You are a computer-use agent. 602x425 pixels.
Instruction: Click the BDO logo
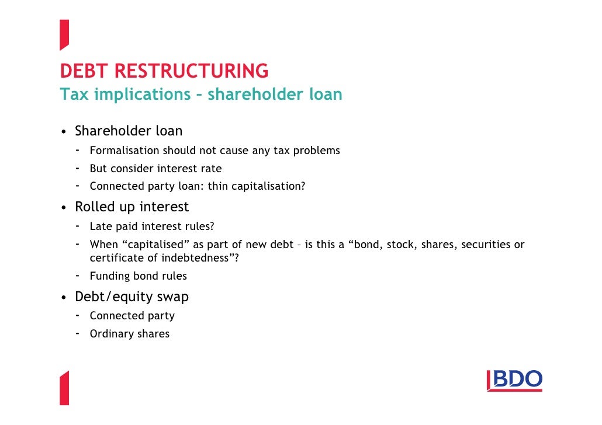[x=514, y=381]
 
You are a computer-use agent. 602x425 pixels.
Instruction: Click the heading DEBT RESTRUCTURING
[x=164, y=71]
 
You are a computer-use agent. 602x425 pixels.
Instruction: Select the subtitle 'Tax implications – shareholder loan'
[x=200, y=94]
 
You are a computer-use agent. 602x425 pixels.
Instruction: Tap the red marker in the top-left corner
[x=64, y=34]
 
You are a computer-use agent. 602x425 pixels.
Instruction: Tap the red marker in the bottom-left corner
[x=64, y=388]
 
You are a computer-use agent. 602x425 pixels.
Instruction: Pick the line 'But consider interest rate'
[x=155, y=169]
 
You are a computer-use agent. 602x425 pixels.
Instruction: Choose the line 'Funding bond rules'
[x=138, y=276]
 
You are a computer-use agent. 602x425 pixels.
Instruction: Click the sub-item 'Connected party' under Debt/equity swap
[x=132, y=316]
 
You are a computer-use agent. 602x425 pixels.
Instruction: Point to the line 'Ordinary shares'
[x=129, y=334]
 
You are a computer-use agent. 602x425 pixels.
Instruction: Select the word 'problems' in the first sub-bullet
[x=316, y=151]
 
